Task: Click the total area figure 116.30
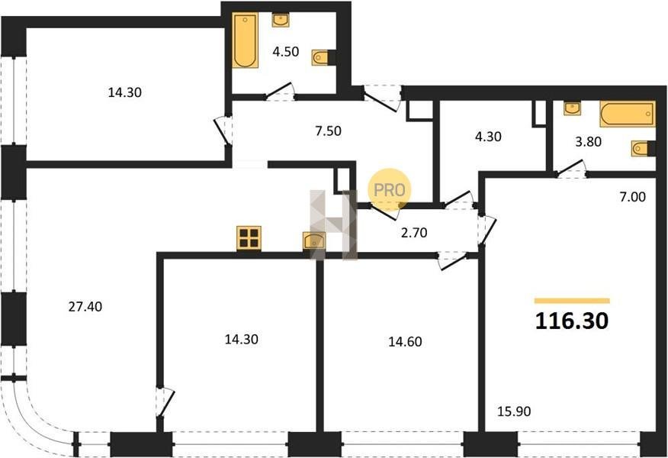(572, 321)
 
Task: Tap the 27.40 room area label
(85, 307)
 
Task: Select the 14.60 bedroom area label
(405, 341)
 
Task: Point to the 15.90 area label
(514, 411)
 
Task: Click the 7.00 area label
(633, 197)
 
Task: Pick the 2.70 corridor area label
(414, 233)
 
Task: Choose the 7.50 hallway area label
(328, 131)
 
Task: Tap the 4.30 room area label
(488, 137)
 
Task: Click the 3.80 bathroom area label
(588, 141)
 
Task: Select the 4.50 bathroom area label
(285, 52)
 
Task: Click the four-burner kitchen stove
(249, 238)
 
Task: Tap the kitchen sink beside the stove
(314, 240)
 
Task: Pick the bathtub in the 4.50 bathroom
(246, 40)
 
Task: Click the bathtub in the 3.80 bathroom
(627, 114)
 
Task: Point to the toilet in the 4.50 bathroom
(321, 57)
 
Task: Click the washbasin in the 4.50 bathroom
(281, 20)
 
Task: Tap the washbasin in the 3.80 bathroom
(572, 108)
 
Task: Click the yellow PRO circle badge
(390, 189)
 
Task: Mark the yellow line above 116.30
(572, 301)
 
